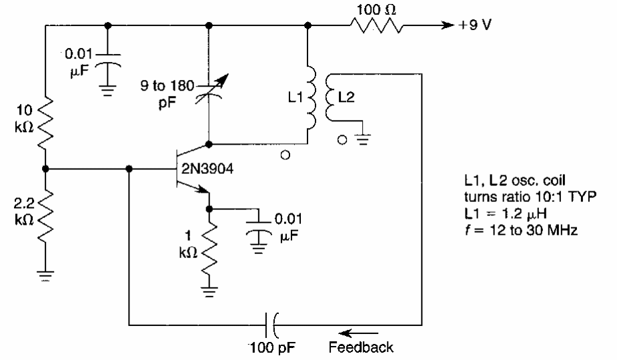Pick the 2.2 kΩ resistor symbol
tap(44, 213)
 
